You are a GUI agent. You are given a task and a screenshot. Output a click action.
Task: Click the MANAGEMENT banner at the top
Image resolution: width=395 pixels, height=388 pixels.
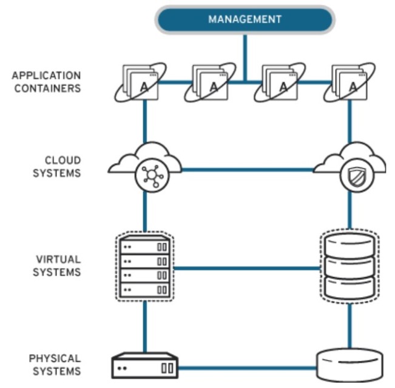245,19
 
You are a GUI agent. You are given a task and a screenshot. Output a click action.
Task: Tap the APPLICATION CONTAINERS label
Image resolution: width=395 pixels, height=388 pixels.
46,82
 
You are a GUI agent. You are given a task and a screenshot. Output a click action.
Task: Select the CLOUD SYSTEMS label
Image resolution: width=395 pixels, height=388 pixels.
62,166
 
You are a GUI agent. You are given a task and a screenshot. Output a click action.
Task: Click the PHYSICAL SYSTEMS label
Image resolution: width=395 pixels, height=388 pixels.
55,364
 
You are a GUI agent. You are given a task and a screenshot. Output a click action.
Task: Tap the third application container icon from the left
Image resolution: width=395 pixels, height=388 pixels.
280,83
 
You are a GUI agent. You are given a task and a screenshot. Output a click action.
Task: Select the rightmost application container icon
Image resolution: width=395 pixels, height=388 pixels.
349,83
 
